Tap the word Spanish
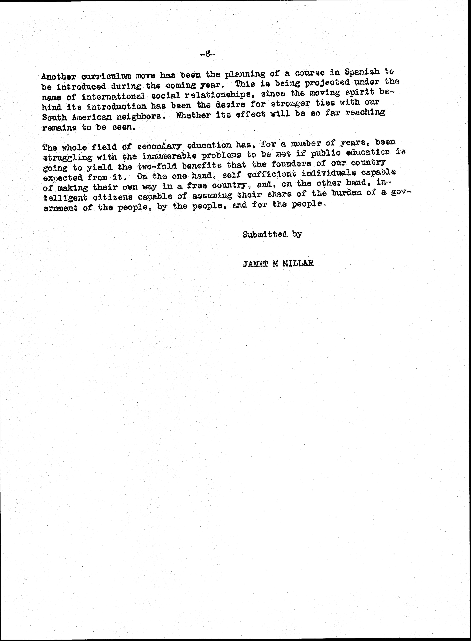tap(362, 72)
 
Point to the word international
tap(113, 96)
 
